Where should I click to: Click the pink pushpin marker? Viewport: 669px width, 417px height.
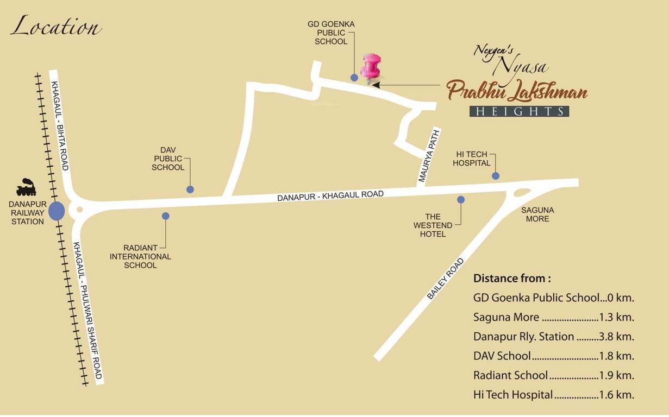click(x=371, y=68)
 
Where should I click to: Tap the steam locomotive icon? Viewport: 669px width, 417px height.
click(x=26, y=187)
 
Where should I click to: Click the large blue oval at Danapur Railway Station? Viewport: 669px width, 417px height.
click(x=57, y=210)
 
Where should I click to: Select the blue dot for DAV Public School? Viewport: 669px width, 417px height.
click(x=190, y=189)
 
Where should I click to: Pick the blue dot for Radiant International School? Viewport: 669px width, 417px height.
click(x=166, y=216)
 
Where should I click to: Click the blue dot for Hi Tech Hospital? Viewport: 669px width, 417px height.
click(x=496, y=175)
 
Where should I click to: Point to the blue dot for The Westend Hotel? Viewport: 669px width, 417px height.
click(x=461, y=200)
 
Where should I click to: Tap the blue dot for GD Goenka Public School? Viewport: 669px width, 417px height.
click(x=354, y=78)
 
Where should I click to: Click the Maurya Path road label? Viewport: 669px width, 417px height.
click(x=429, y=155)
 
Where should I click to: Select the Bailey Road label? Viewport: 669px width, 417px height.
click(x=446, y=279)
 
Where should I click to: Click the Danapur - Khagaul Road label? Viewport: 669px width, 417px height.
click(x=330, y=195)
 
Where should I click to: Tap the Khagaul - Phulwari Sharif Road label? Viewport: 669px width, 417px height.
click(x=87, y=311)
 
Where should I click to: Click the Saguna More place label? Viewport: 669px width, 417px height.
click(x=537, y=214)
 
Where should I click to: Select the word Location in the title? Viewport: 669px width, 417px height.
click(x=56, y=27)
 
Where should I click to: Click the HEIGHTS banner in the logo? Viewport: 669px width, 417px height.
click(x=519, y=111)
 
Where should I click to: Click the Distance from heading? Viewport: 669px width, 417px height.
click(x=512, y=279)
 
